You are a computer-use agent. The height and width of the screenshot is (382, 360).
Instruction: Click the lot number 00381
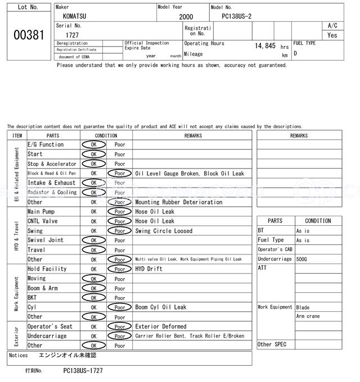click(x=28, y=35)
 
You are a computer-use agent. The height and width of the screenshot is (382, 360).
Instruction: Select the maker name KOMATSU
click(x=75, y=16)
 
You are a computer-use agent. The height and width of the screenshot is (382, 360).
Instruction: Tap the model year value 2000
click(x=186, y=17)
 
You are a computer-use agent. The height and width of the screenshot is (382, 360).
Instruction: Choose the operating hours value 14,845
click(x=265, y=46)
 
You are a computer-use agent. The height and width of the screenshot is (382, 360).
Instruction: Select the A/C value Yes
click(x=332, y=35)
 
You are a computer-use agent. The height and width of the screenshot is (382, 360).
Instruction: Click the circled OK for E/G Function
click(x=93, y=145)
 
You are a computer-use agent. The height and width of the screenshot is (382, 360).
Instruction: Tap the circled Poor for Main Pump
click(x=120, y=212)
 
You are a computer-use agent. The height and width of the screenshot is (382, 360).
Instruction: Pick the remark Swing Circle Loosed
click(x=164, y=231)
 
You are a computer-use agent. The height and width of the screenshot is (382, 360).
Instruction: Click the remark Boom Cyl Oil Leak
click(x=161, y=307)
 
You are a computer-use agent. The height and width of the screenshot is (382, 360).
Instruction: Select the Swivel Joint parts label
click(x=46, y=240)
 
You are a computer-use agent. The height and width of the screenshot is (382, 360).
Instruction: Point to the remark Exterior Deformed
click(x=161, y=326)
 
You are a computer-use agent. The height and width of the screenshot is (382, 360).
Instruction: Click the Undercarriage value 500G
click(x=302, y=259)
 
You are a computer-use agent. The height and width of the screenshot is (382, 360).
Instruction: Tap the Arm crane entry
click(x=308, y=316)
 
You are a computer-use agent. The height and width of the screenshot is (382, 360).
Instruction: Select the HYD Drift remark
click(x=149, y=269)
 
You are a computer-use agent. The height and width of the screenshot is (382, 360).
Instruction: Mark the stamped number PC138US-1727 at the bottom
click(x=83, y=371)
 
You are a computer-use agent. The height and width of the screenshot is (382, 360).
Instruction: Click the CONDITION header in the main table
click(x=106, y=135)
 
